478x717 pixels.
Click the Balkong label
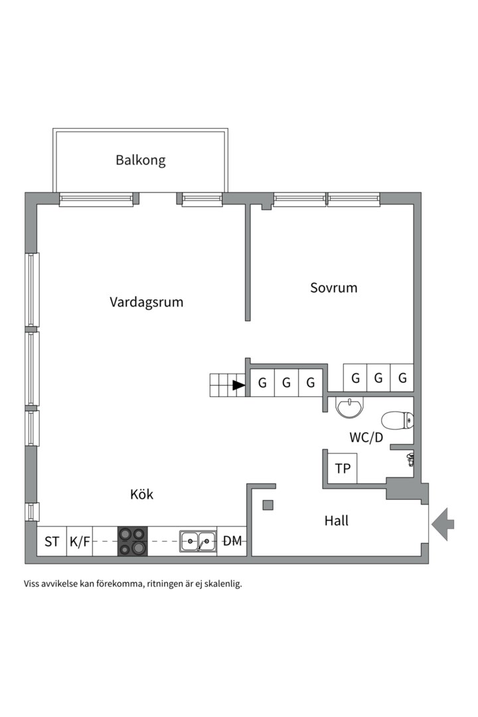click(141, 161)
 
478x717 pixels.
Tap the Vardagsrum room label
click(146, 302)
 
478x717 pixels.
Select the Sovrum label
click(333, 287)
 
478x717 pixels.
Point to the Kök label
click(142, 495)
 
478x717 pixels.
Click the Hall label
click(336, 520)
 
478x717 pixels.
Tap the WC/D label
click(366, 438)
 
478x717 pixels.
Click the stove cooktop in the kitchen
click(133, 542)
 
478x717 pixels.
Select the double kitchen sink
click(198, 542)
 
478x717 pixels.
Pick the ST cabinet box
click(52, 542)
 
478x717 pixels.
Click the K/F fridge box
click(80, 542)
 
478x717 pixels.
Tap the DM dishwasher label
click(232, 542)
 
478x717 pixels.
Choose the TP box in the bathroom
click(343, 468)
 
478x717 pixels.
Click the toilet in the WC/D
click(398, 420)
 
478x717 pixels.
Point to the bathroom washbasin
click(350, 407)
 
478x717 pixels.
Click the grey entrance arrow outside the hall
click(443, 524)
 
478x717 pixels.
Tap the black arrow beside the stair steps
click(239, 386)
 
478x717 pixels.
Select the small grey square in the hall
click(268, 505)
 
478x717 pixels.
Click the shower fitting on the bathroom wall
click(410, 459)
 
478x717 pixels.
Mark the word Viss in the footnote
click(31, 584)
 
